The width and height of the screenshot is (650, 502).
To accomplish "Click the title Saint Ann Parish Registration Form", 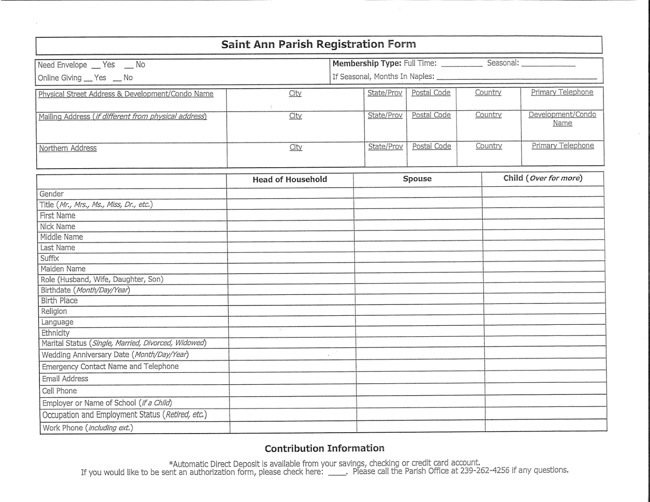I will coord(318,45).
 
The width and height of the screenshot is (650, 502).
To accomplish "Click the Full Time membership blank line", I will coord(461,65).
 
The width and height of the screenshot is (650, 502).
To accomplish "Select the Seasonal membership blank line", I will coord(548,65).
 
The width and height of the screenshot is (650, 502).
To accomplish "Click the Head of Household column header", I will coord(290,180).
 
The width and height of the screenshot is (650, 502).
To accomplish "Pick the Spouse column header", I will coord(417,179).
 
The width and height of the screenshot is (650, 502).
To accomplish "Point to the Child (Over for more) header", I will coord(543,178).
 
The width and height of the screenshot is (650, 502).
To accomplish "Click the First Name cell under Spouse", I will coord(418,215).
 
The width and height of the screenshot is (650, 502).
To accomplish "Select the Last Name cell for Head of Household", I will coord(290,247).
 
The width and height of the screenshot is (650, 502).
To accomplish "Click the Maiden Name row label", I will coord(63,269).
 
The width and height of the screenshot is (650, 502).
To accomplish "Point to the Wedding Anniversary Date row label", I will coord(115,354).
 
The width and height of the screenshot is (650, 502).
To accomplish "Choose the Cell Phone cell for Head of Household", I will coord(293,390).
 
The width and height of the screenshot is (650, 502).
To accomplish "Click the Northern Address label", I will coord(68,148).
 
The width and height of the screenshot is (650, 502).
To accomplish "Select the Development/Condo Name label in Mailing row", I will coord(562,119).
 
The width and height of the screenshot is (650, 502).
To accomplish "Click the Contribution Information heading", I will coord(325,448).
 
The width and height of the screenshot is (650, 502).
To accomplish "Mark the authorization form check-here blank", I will coord(336,473).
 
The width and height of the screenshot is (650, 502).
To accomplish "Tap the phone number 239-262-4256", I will coord(485,471).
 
